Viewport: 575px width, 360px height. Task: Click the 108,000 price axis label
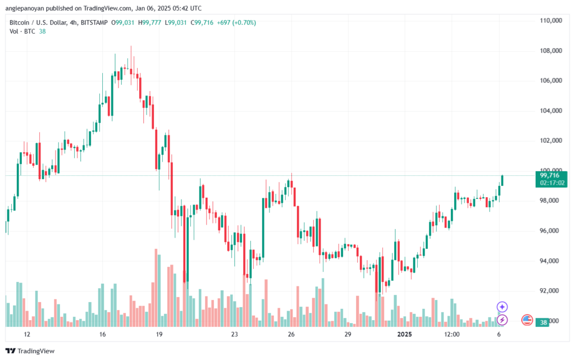[x=551, y=51]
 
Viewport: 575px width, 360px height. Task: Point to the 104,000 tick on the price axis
[x=551, y=111]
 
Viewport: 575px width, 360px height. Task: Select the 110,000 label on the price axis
[x=551, y=21]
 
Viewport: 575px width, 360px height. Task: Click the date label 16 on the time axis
[x=102, y=334]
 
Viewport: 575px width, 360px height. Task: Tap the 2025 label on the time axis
[x=405, y=334]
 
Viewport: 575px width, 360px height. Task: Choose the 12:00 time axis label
[x=452, y=334]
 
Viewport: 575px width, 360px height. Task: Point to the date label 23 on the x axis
[x=234, y=334]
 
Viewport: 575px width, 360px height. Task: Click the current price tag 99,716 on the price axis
[x=550, y=176]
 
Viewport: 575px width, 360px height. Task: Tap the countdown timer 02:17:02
[x=553, y=183]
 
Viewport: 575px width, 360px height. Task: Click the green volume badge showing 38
[x=543, y=322]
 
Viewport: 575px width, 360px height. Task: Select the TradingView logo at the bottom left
[x=30, y=351]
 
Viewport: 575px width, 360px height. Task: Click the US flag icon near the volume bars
[x=527, y=320]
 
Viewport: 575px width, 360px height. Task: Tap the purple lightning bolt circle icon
[x=502, y=320]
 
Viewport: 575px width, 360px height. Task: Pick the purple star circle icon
[x=502, y=307]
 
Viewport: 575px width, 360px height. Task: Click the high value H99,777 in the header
[x=149, y=22]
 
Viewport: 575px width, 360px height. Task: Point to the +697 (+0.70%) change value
[x=236, y=22]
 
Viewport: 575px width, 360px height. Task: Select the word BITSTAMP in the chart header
[x=94, y=22]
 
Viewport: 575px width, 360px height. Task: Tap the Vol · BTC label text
[x=22, y=31]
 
